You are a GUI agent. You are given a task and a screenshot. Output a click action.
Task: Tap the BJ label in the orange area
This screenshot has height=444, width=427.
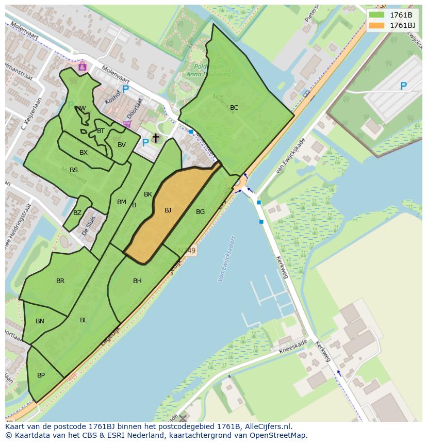click(x=168, y=210)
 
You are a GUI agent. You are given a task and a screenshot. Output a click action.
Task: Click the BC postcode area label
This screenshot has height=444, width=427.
click(x=234, y=108)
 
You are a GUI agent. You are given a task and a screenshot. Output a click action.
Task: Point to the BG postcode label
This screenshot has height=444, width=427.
click(x=200, y=212)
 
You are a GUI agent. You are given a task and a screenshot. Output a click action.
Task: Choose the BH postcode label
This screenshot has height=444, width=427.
click(x=137, y=281)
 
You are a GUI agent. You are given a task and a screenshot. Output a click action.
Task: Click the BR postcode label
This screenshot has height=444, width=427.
click(x=60, y=281)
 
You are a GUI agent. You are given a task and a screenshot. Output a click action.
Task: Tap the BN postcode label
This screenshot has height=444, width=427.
click(x=40, y=321)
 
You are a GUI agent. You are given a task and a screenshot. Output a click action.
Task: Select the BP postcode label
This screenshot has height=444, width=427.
click(x=41, y=375)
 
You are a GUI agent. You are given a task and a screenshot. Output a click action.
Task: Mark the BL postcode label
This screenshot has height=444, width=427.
click(x=84, y=320)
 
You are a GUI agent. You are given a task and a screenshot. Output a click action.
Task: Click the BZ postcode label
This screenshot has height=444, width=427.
click(x=77, y=213)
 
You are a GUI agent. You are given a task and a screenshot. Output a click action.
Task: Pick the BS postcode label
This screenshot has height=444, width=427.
click(x=74, y=170)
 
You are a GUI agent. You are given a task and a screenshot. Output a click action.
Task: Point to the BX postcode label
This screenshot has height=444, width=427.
click(x=84, y=153)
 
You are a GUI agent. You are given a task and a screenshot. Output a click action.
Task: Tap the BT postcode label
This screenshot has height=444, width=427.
click(x=101, y=131)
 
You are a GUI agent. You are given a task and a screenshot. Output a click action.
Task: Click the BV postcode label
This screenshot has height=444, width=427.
click(x=122, y=145)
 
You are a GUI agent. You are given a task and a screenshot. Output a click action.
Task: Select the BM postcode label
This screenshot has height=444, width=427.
click(x=122, y=202)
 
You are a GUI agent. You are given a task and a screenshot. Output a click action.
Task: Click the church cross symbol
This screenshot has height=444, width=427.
click(x=155, y=138)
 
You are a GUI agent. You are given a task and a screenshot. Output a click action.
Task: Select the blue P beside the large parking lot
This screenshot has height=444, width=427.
click(x=403, y=87)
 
